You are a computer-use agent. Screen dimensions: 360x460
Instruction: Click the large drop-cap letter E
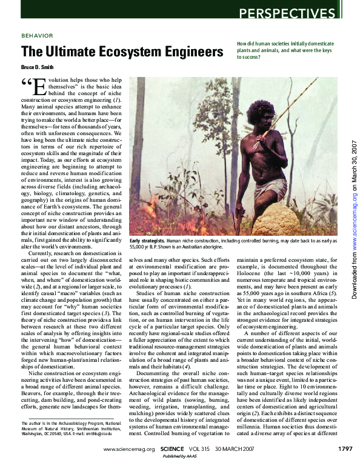[x=39, y=87]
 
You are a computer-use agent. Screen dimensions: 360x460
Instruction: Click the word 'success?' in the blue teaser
[x=248, y=57]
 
